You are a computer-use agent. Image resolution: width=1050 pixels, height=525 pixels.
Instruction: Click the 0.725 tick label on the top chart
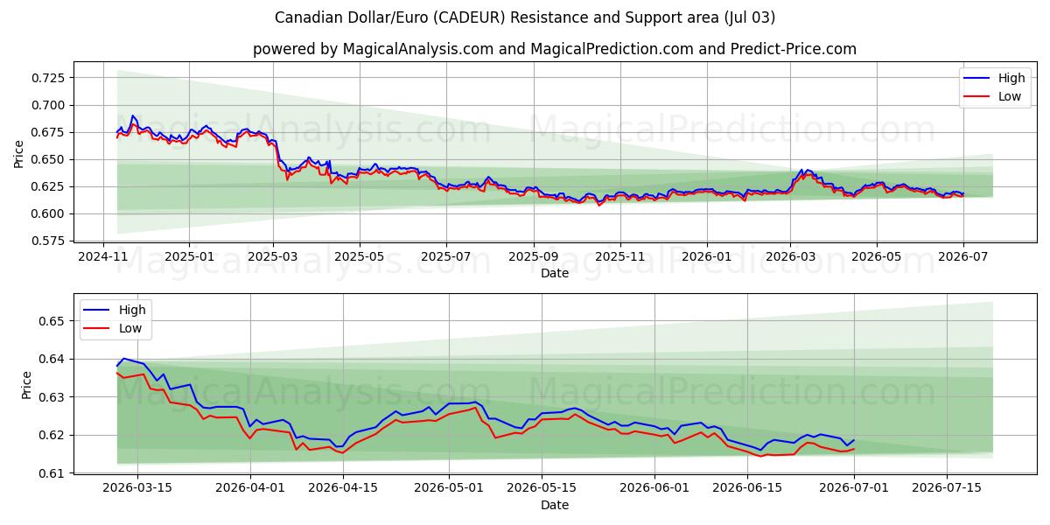pos(48,78)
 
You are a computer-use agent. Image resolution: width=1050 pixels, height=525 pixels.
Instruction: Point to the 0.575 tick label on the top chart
pos(48,241)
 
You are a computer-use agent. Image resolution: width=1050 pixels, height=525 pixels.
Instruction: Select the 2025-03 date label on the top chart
pos(273,257)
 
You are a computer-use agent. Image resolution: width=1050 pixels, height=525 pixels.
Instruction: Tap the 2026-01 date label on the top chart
pos(706,257)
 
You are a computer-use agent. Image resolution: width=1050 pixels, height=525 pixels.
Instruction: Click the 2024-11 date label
pos(103,257)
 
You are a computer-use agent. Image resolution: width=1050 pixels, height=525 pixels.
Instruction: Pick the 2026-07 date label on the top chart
pos(962,257)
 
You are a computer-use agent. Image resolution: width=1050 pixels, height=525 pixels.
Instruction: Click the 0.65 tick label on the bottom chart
pos(52,322)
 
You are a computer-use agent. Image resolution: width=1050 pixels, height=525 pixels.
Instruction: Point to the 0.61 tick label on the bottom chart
pos(52,473)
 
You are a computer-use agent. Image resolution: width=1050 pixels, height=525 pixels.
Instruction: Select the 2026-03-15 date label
pos(137,488)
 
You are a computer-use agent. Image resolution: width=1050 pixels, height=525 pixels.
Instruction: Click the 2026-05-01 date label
pos(449,488)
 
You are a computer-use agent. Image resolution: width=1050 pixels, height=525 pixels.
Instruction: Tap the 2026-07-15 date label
pos(947,488)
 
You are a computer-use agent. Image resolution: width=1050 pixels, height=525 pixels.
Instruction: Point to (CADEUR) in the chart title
pos(469,17)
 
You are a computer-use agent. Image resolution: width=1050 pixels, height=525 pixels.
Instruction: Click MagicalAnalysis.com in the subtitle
pos(418,49)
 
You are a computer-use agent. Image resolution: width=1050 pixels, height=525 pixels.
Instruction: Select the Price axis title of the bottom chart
pos(26,385)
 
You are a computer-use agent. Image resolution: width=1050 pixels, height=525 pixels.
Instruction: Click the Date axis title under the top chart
pos(555,273)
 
